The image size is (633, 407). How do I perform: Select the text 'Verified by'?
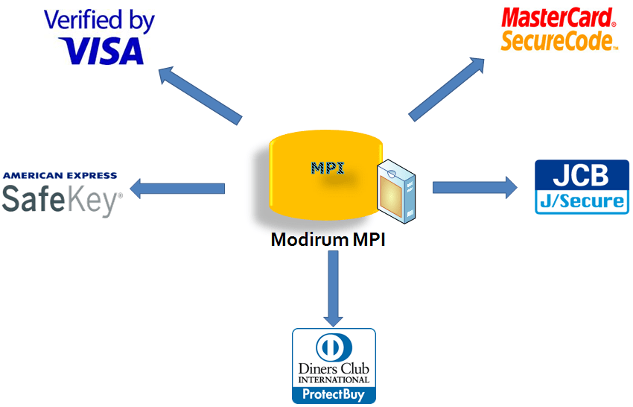point(99,20)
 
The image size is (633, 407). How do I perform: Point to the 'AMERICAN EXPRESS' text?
point(60,176)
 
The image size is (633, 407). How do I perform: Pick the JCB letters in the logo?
point(582,176)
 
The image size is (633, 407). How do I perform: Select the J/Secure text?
point(582,201)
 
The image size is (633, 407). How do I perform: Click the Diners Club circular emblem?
point(334,347)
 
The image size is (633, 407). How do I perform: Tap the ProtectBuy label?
point(334,394)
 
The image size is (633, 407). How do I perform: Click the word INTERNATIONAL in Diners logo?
point(334,380)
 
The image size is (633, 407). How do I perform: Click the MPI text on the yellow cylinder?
point(327,167)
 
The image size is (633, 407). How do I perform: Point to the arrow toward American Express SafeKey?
point(177,187)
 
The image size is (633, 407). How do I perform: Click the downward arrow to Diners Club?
point(333,287)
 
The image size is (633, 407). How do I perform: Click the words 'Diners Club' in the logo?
point(334,369)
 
